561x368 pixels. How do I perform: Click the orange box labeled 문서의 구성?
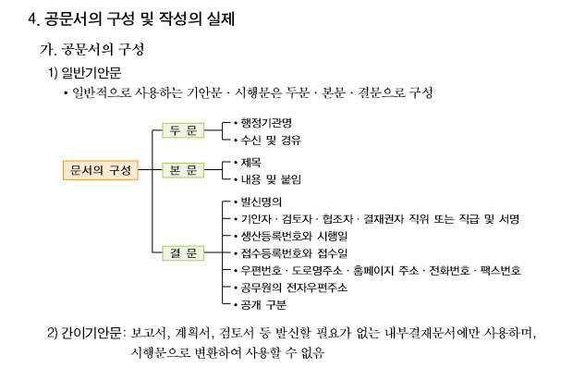(101, 170)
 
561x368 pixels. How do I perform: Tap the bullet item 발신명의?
(260, 201)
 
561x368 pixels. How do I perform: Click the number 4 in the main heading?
(33, 17)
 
